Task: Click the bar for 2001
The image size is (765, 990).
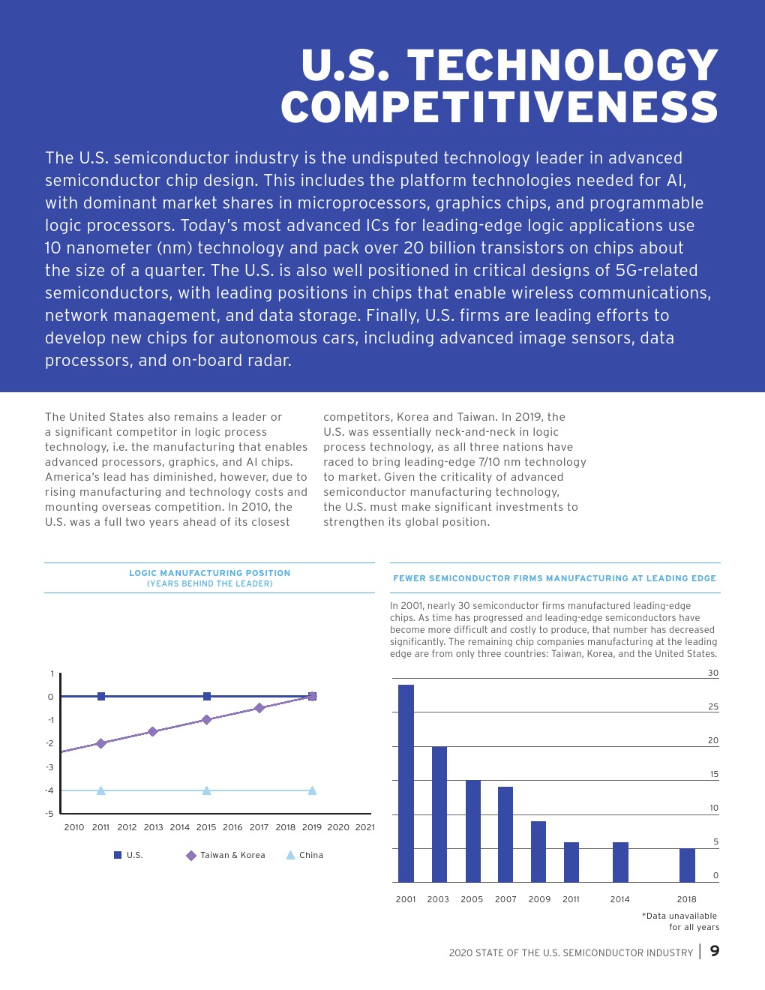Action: click(406, 783)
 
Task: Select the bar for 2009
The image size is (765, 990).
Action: click(538, 851)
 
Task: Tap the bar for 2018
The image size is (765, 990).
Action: click(687, 865)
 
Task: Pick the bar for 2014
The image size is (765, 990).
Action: click(620, 862)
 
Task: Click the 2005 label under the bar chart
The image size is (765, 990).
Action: click(472, 899)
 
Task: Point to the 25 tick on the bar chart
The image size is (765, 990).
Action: click(713, 706)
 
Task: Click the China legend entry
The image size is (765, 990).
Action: click(305, 855)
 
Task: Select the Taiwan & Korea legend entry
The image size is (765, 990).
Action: click(226, 855)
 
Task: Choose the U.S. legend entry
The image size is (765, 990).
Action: click(128, 855)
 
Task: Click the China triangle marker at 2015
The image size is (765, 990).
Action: click(207, 790)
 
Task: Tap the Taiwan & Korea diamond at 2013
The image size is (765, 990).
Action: click(152, 731)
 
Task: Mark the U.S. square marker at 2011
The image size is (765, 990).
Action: click(101, 696)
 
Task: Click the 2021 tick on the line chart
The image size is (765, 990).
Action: click(365, 827)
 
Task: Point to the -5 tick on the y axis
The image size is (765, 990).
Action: click(49, 814)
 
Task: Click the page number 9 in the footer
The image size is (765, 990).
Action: click(715, 951)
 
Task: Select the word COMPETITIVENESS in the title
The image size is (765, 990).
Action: click(499, 107)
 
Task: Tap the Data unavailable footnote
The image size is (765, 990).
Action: click(680, 921)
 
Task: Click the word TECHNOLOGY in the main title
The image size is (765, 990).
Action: click(562, 66)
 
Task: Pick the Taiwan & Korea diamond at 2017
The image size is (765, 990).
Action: click(259, 708)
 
